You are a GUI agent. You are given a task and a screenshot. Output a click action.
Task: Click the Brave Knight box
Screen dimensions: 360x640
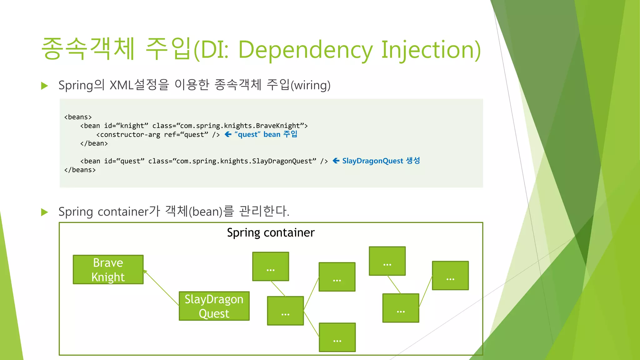click(x=108, y=270)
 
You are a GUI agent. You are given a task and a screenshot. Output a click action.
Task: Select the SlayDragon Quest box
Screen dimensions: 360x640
click(x=214, y=306)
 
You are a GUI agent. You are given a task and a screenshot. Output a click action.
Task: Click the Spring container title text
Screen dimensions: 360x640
click(x=271, y=233)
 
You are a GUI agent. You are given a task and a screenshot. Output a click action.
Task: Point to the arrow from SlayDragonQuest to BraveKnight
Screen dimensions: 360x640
click(x=161, y=288)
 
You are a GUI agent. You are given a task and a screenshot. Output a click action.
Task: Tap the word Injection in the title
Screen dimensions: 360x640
click(x=431, y=50)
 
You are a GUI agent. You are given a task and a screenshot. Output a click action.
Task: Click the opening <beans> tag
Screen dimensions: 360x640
click(x=78, y=117)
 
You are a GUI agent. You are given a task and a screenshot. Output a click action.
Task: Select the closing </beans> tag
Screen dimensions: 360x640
click(x=80, y=170)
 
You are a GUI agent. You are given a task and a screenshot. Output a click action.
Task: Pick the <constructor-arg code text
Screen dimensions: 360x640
click(x=128, y=135)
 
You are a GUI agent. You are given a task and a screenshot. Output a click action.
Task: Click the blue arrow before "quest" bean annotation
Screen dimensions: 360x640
click(x=228, y=134)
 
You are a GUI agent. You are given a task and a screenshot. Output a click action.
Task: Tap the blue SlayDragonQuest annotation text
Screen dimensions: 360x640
click(x=372, y=161)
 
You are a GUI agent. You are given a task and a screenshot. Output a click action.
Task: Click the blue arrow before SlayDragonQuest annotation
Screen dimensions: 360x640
click(x=336, y=161)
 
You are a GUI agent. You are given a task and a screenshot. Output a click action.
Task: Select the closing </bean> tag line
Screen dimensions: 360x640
click(x=94, y=143)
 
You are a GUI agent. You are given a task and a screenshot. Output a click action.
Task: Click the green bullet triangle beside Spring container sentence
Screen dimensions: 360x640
click(x=45, y=212)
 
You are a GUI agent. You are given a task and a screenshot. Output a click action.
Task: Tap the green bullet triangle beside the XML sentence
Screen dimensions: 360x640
click(x=45, y=86)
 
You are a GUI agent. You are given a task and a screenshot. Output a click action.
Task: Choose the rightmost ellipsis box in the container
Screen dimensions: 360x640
click(x=450, y=276)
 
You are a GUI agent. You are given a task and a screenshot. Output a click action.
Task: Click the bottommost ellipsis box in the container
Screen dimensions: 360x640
click(x=337, y=337)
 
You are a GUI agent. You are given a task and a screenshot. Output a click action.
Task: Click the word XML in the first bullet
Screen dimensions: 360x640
click(x=122, y=85)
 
